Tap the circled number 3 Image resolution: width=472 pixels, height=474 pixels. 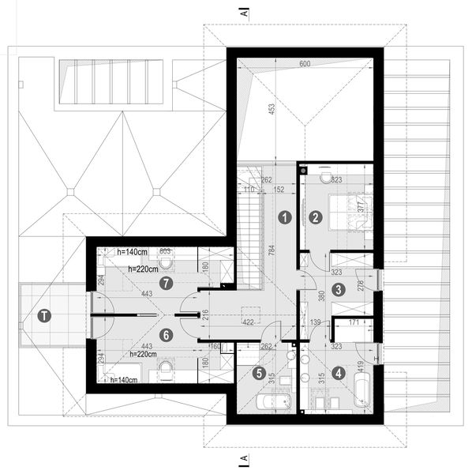tap(337, 289)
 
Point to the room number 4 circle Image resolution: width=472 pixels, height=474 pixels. tap(339, 374)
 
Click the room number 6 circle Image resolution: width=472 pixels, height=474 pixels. tap(165, 334)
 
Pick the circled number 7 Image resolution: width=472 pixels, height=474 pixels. tap(165, 282)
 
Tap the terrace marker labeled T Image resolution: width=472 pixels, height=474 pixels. tap(45, 317)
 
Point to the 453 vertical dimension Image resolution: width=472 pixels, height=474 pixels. tap(272, 111)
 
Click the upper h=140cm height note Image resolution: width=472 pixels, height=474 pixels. tap(131, 252)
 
